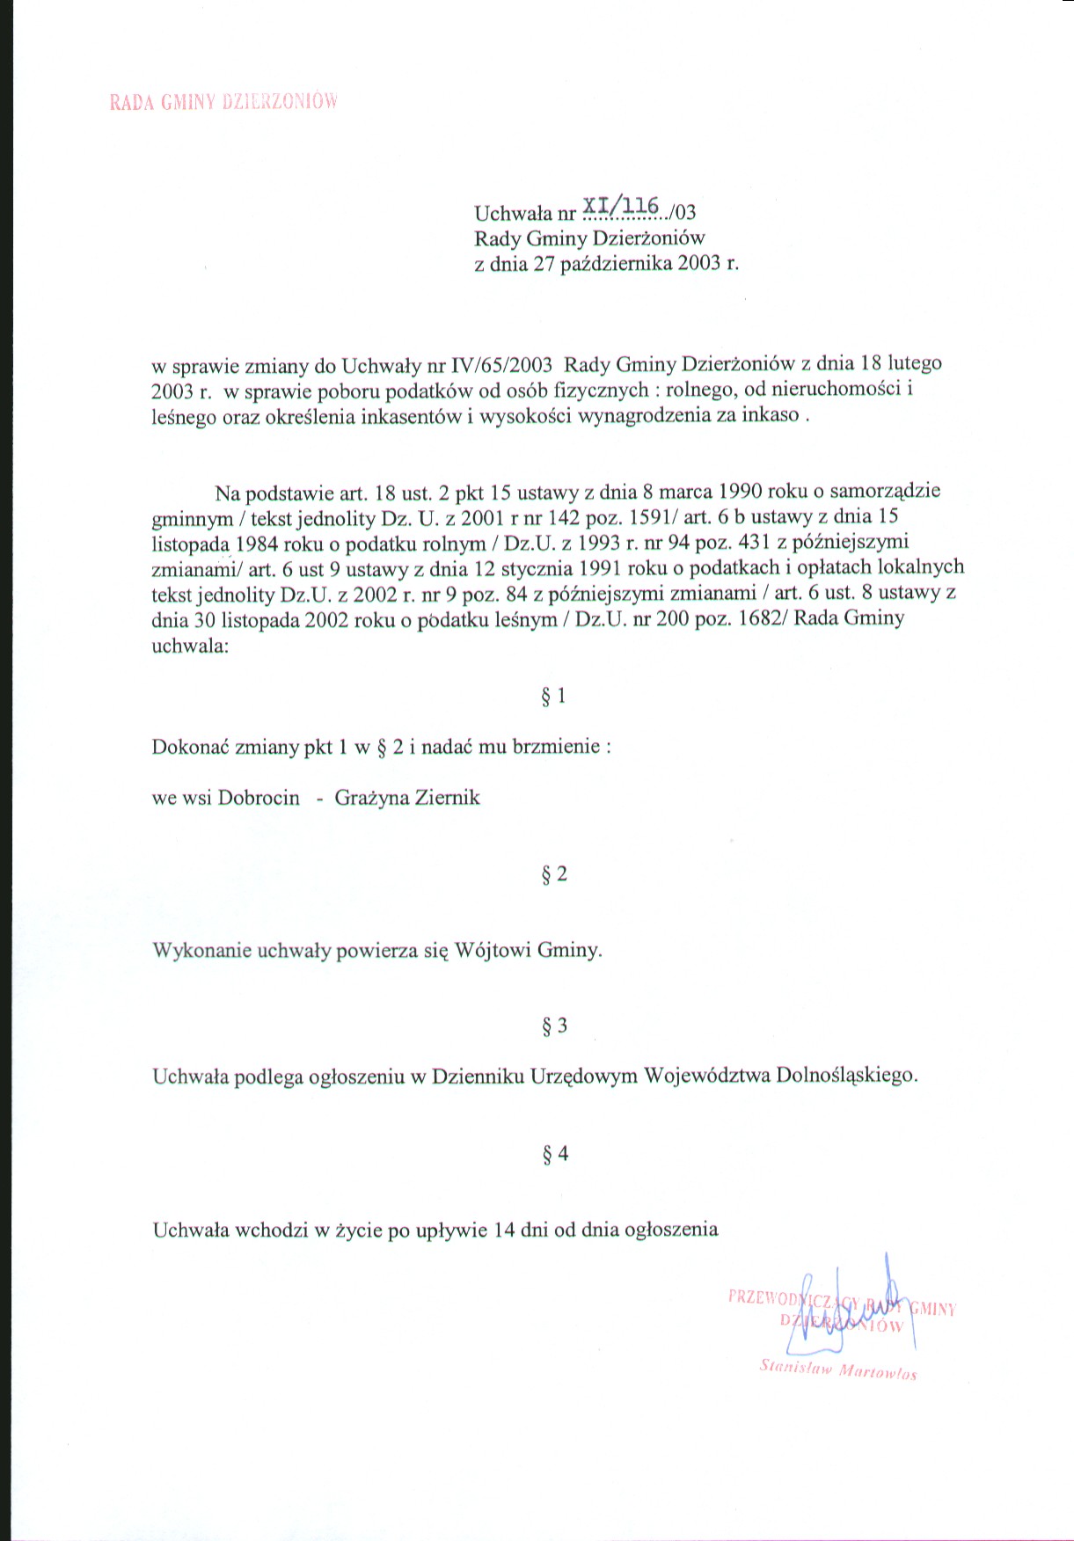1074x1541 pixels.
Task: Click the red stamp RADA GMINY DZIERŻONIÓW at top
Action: pos(223,101)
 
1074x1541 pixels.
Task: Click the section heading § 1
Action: pos(553,697)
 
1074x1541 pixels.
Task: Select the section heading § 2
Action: pos(554,874)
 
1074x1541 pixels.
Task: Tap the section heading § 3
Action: pos(554,1026)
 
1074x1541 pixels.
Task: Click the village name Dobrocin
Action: pos(259,799)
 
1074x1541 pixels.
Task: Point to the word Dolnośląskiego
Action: pos(846,1076)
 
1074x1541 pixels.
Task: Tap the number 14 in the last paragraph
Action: pos(504,1230)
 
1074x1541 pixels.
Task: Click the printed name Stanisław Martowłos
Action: pos(837,1369)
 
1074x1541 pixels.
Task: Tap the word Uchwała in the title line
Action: pos(508,213)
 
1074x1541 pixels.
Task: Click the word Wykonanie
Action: pos(201,951)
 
